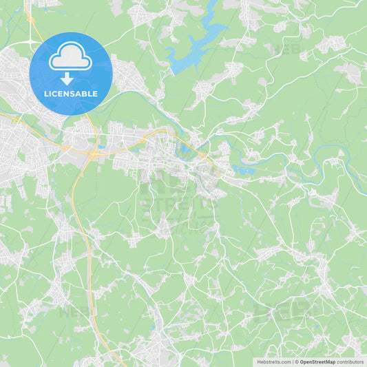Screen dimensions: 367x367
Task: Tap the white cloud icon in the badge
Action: coord(70,57)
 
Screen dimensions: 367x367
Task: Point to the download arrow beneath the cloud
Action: coord(67,78)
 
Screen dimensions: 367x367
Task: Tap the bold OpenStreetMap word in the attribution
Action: coord(317,361)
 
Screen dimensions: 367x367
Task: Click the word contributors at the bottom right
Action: coord(350,361)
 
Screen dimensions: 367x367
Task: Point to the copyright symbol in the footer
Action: coord(297,361)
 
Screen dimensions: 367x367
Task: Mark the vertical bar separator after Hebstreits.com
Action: coord(293,361)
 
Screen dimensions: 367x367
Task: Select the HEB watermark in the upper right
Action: coord(289,49)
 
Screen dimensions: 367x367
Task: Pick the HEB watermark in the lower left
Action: coord(74,311)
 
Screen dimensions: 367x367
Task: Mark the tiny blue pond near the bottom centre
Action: coord(160,323)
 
